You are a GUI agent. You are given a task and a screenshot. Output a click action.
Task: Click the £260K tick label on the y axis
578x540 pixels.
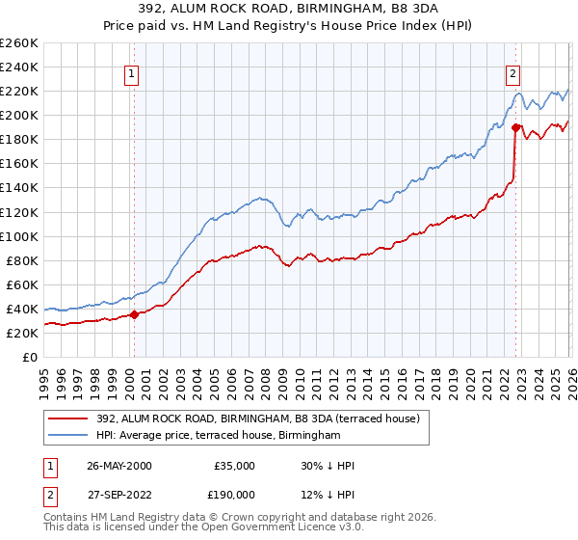tap(19, 43)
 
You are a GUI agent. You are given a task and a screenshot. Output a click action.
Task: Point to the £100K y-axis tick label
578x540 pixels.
tap(19, 236)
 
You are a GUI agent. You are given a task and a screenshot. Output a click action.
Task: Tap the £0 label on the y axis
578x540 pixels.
tap(31, 357)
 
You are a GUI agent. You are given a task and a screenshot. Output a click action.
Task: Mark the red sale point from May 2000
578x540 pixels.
tap(135, 314)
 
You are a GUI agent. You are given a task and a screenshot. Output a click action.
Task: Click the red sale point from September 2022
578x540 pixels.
tap(516, 127)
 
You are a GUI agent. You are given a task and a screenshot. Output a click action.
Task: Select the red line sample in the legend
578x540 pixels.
tap(69, 419)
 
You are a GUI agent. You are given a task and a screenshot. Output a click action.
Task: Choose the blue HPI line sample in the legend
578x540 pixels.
tap(69, 436)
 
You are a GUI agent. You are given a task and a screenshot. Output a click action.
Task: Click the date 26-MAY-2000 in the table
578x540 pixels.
tap(118, 466)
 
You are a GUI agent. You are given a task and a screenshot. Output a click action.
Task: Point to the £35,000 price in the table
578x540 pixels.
tap(234, 466)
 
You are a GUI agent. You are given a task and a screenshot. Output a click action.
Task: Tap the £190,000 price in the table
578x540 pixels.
tap(234, 497)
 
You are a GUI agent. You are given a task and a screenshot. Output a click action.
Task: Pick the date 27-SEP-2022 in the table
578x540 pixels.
tap(118, 497)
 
